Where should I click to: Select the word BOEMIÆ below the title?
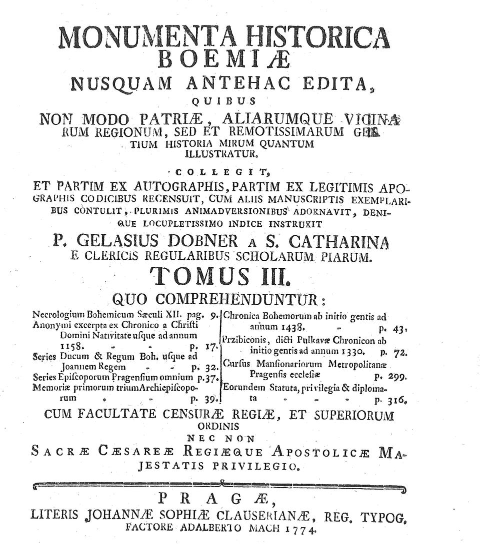point(223,59)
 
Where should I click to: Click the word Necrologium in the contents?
point(54,316)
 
